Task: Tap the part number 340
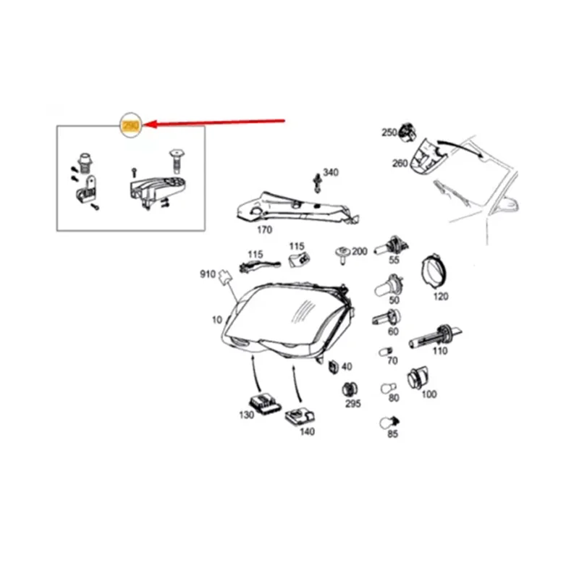(x=330, y=172)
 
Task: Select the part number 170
(x=264, y=231)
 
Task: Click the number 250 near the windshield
(x=389, y=132)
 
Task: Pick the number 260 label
(x=400, y=163)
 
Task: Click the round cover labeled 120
(x=436, y=273)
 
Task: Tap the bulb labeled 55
(x=394, y=245)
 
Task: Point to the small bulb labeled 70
(x=386, y=352)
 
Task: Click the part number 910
(x=208, y=274)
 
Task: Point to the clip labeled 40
(x=334, y=367)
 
